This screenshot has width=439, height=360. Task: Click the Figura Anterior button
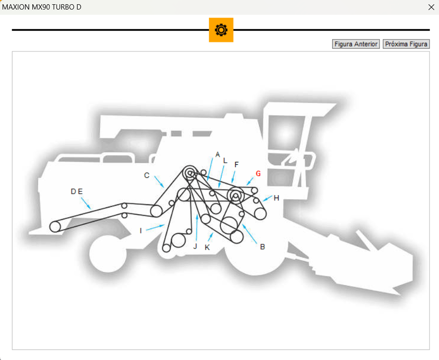tap(356, 44)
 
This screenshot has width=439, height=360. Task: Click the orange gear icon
tap(221, 30)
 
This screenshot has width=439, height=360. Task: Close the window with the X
tap(431, 7)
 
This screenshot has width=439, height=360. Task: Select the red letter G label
tap(258, 173)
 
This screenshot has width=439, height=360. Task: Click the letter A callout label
tap(218, 155)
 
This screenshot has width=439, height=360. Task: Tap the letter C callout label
tap(147, 175)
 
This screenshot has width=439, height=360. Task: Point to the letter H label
tap(276, 198)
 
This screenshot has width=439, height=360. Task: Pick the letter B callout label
tap(262, 247)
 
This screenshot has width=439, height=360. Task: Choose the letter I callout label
tap(140, 230)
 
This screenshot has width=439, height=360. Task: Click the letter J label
tap(195, 246)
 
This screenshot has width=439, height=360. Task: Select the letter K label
tap(207, 248)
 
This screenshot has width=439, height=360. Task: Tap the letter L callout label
tap(225, 160)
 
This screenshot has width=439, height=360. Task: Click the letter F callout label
tap(237, 165)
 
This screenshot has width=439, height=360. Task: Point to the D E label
tap(77, 191)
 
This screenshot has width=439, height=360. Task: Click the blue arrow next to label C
tap(159, 182)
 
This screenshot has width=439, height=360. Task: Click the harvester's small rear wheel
tap(108, 254)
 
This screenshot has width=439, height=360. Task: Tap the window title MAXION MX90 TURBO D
tap(42, 7)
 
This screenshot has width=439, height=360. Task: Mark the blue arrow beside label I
tap(155, 227)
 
